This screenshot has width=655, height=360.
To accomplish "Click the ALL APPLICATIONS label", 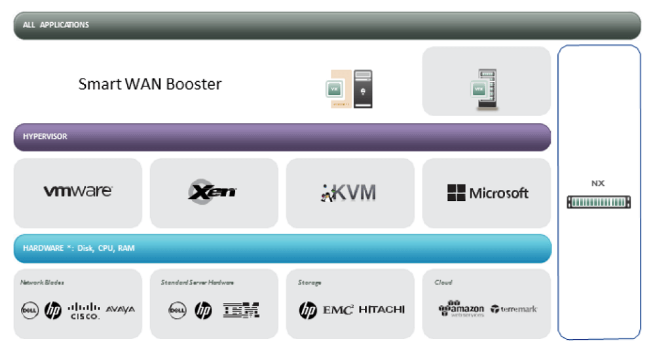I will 56,25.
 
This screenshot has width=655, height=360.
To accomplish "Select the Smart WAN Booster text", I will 150,84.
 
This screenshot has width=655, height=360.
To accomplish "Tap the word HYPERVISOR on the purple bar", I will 45,137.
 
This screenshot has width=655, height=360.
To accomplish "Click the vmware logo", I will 78,191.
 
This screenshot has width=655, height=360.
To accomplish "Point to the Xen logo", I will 213,192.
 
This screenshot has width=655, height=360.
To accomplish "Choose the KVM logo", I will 349,192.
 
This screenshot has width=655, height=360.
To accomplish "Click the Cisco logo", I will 84,310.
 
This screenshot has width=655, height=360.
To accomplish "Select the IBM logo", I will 242,310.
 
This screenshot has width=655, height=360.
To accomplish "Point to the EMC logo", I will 339,310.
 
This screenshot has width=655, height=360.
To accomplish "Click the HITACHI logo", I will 382,310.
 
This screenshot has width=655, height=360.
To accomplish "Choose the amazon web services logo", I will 462,309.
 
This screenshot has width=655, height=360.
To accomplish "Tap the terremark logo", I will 514,309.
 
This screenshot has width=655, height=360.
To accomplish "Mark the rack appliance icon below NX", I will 599,202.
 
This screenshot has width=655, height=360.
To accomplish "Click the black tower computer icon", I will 363,89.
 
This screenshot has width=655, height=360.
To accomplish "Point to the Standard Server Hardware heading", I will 197,282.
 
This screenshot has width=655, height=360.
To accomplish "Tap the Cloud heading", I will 443,282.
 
